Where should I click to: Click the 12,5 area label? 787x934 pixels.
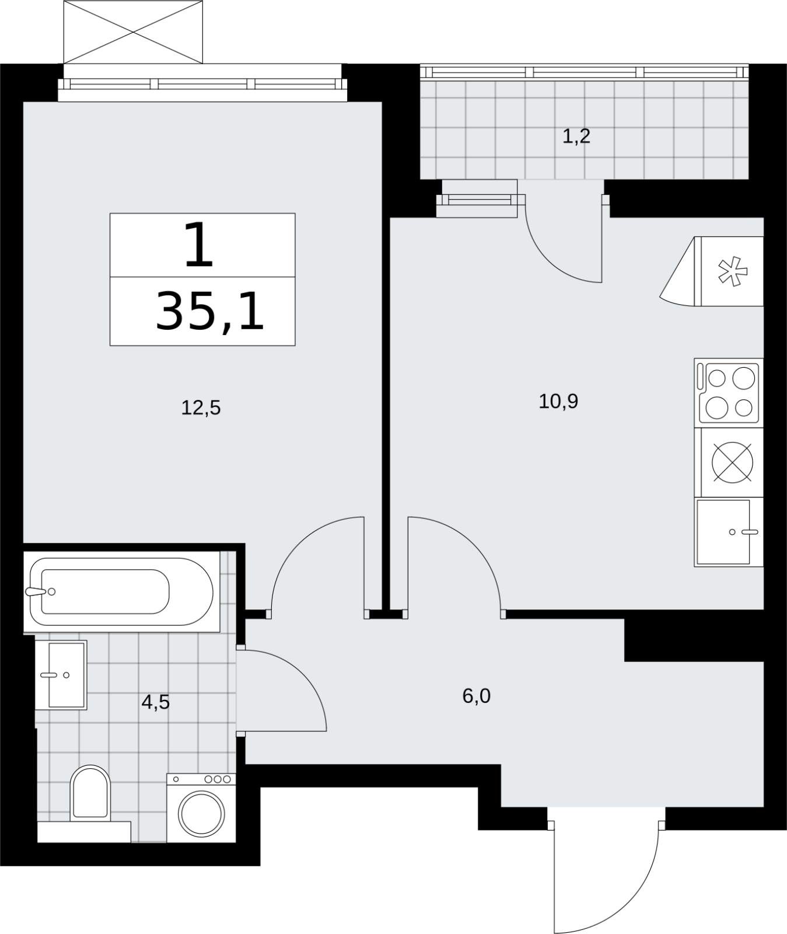point(201,407)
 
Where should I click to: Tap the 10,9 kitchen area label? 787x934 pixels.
point(558,402)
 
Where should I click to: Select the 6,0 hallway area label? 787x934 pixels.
point(476,696)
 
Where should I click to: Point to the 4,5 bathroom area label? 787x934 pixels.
point(155,702)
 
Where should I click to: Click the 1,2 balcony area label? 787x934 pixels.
point(576,137)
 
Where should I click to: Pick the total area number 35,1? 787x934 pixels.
point(210,312)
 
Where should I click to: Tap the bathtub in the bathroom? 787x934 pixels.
point(121,592)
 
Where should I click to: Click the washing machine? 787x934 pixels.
point(201,808)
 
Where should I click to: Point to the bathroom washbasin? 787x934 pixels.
point(61,675)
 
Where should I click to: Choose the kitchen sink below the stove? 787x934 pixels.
point(729,532)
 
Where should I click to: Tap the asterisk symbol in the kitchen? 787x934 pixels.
point(732,271)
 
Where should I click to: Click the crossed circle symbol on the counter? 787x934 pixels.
point(732,462)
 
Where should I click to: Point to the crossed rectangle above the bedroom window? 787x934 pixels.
point(133,32)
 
